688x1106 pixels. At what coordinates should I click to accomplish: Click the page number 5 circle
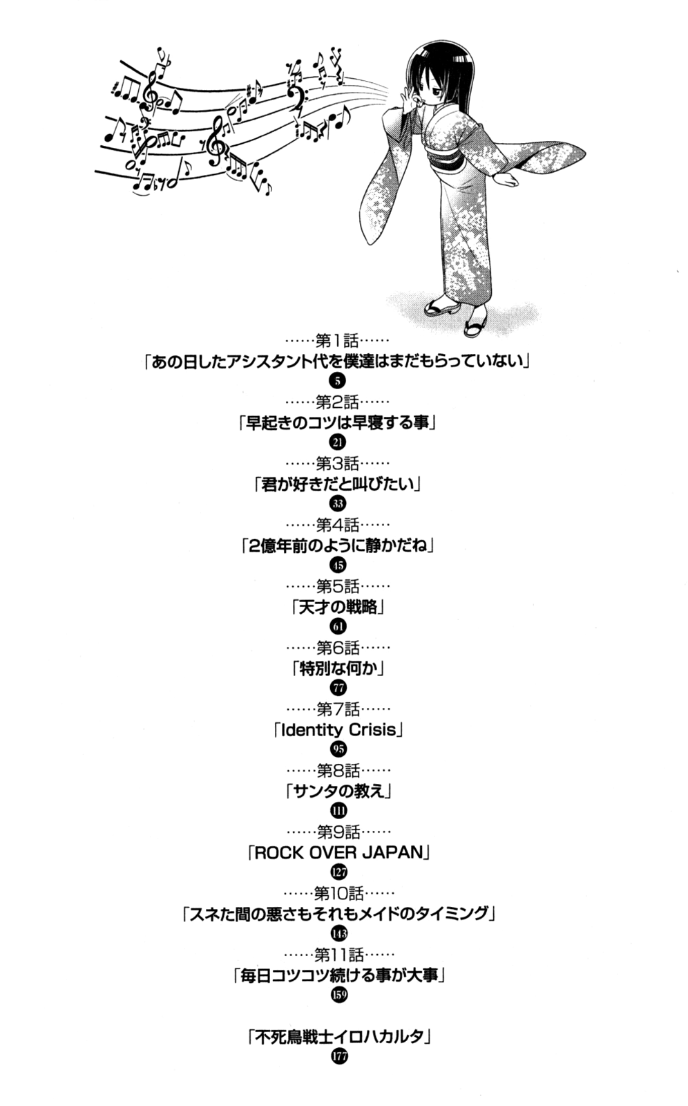[338, 381]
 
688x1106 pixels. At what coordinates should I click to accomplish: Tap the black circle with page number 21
[338, 442]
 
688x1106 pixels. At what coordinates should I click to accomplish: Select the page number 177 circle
[340, 1057]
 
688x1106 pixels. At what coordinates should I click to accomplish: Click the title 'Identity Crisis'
[338, 730]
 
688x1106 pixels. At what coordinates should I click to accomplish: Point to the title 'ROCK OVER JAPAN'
[338, 853]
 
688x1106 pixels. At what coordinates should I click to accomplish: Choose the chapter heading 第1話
[338, 341]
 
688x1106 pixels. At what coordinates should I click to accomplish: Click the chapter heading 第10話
[339, 893]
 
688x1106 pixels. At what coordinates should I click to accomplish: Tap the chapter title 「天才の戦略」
[338, 607]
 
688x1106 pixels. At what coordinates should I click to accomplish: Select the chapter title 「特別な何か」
[338, 668]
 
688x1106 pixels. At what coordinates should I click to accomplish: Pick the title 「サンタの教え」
[338, 791]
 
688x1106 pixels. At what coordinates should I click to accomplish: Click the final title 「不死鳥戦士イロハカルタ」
[340, 1037]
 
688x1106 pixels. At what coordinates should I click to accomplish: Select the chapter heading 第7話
[338, 709]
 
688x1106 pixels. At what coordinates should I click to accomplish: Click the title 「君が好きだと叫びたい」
[338, 484]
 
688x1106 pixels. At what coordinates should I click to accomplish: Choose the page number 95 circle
[338, 749]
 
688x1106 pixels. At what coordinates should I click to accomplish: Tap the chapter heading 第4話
[338, 525]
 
